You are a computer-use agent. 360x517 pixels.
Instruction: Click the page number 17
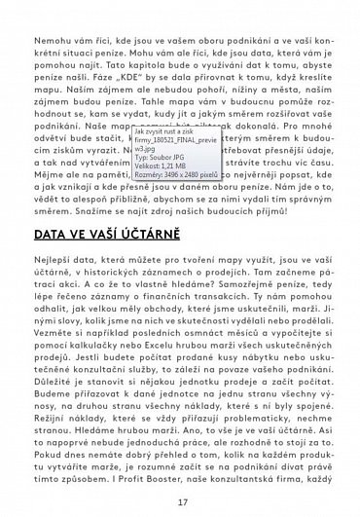[181, 502]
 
